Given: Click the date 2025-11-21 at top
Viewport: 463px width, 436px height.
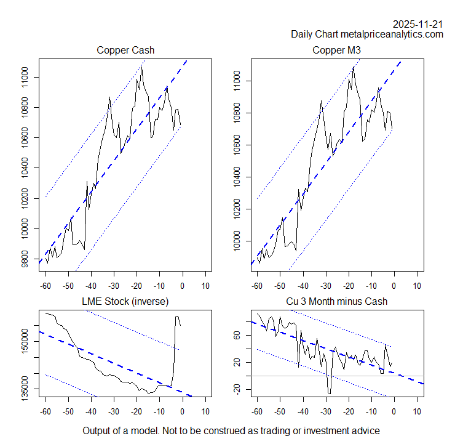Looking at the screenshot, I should coord(417,23).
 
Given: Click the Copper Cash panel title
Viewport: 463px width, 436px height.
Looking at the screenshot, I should coord(125,50).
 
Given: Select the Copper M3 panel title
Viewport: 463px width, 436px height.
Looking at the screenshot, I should coord(336,50).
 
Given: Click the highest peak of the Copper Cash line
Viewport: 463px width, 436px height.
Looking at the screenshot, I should coord(142,66).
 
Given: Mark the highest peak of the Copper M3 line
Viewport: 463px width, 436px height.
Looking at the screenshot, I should coord(354,67).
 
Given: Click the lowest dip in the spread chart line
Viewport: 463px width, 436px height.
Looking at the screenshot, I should coord(330,394).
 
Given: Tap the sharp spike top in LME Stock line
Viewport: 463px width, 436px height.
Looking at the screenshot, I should coord(178,316).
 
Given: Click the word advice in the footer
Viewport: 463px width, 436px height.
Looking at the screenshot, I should coord(365,430).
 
